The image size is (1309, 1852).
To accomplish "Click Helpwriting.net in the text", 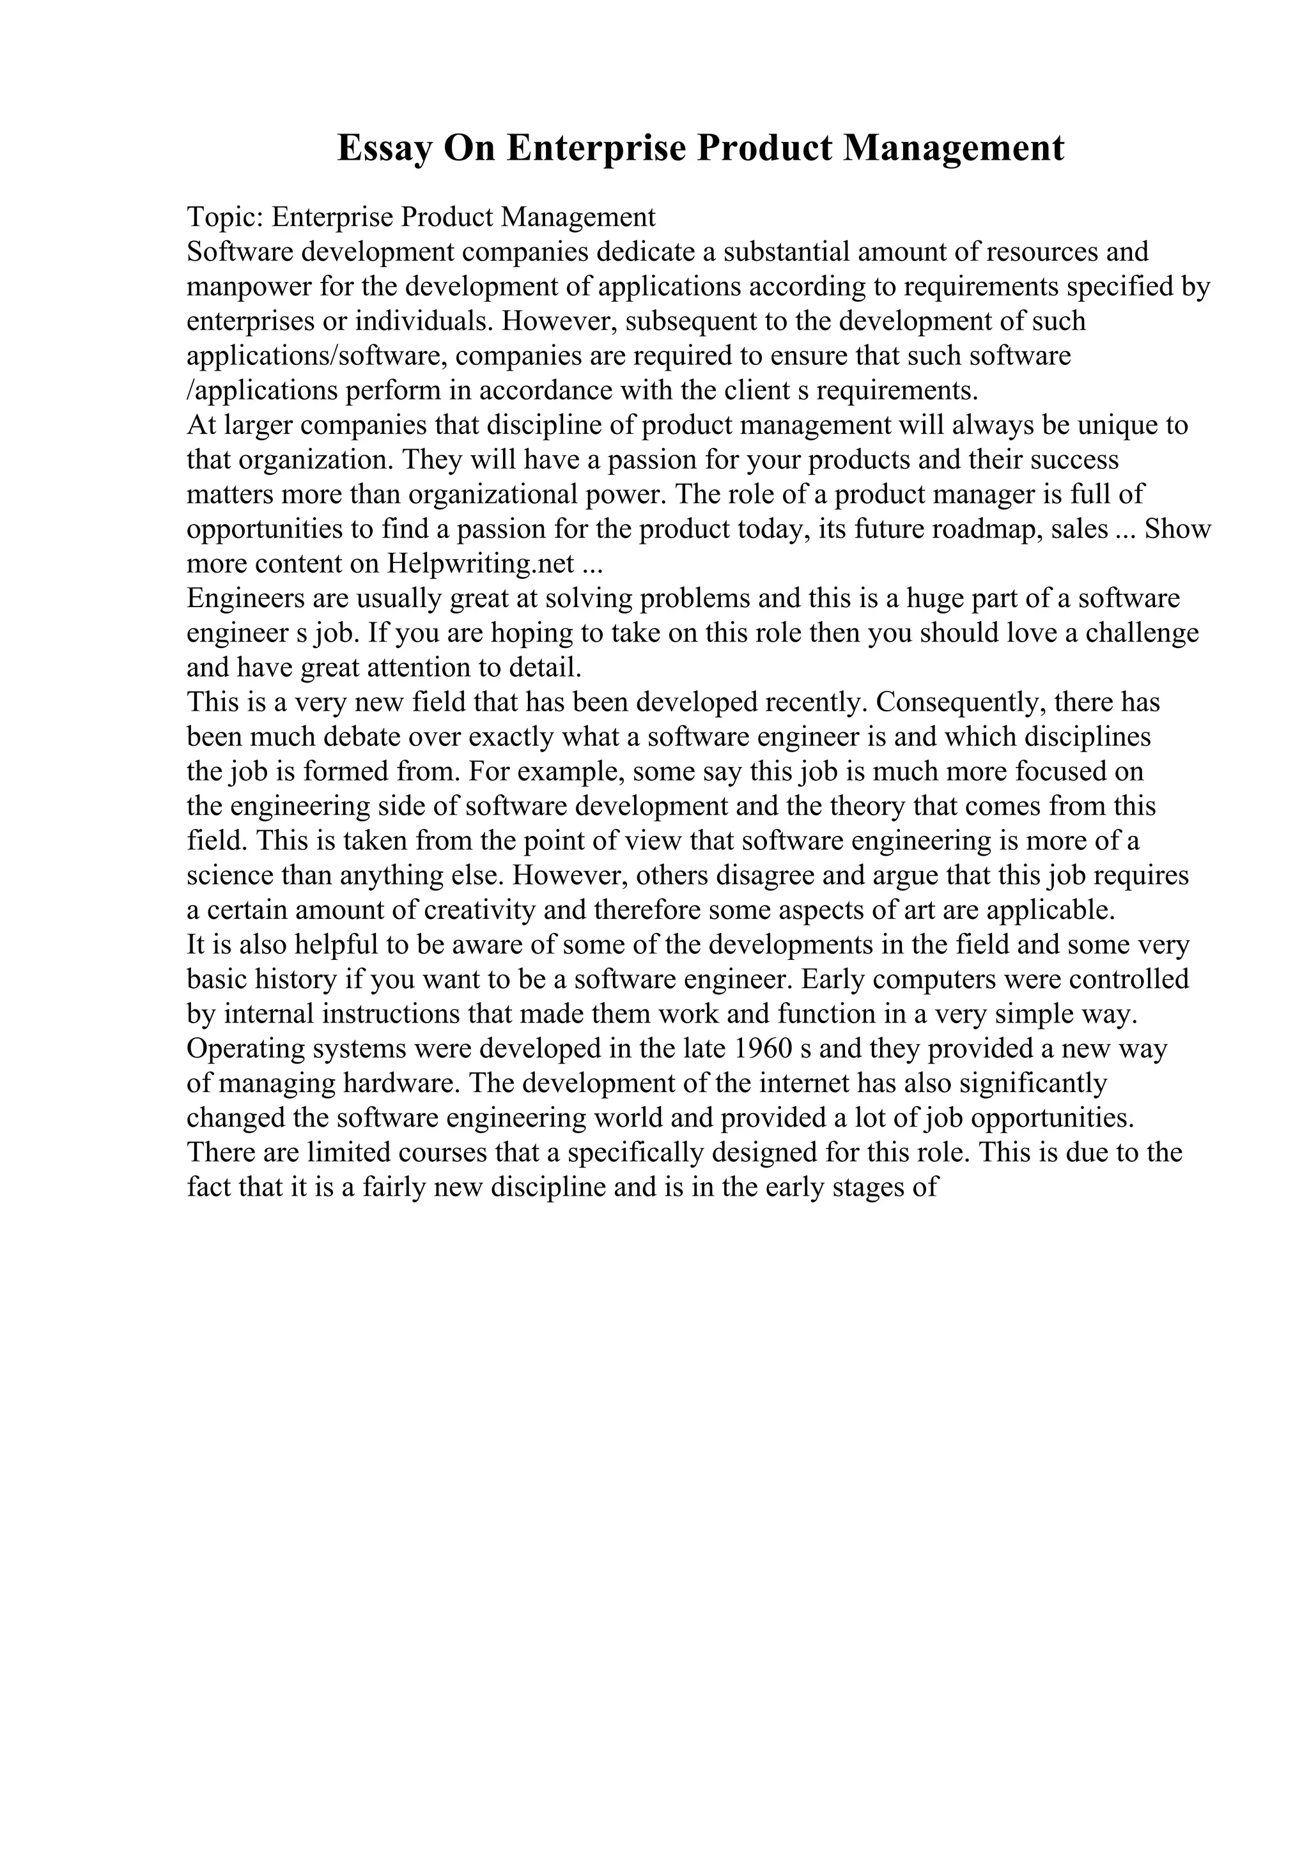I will coord(481,563).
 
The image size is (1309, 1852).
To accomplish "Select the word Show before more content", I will coord(1177,529).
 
